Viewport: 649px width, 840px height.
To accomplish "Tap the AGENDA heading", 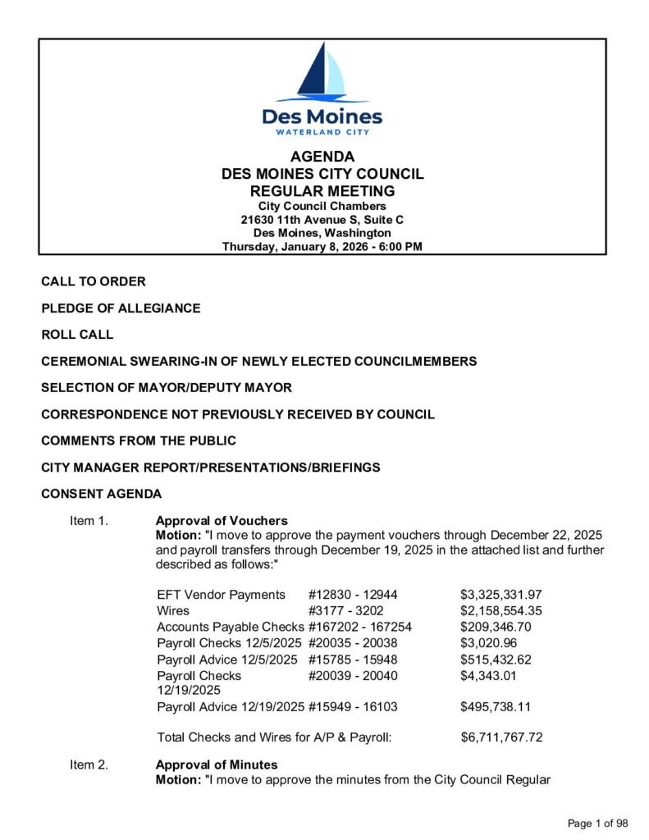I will [x=322, y=157].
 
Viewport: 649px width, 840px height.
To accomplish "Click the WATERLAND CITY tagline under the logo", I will [x=322, y=132].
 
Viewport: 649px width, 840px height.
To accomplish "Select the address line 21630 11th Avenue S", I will [x=322, y=220].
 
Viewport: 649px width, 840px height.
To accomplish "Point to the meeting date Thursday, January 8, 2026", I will [x=322, y=246].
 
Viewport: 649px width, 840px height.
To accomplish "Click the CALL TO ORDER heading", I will [x=94, y=281].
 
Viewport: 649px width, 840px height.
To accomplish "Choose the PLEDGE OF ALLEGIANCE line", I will [x=121, y=308].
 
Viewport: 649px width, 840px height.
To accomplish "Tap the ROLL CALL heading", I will [x=77, y=335].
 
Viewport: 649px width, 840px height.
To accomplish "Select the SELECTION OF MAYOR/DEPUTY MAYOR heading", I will [x=167, y=387].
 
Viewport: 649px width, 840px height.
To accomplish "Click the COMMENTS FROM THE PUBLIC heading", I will [x=139, y=441].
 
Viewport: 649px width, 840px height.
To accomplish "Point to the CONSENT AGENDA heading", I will [x=102, y=494].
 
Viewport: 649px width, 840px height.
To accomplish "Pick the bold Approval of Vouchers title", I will [x=222, y=521].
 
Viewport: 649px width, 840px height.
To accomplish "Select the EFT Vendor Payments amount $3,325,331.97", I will [x=501, y=595].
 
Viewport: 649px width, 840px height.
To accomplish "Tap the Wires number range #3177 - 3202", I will [x=345, y=611].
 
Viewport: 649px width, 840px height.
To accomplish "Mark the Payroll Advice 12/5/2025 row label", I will [x=226, y=660].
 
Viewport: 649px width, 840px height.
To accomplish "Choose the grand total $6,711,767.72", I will [x=501, y=737].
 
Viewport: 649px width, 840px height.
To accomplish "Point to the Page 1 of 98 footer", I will [x=597, y=824].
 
